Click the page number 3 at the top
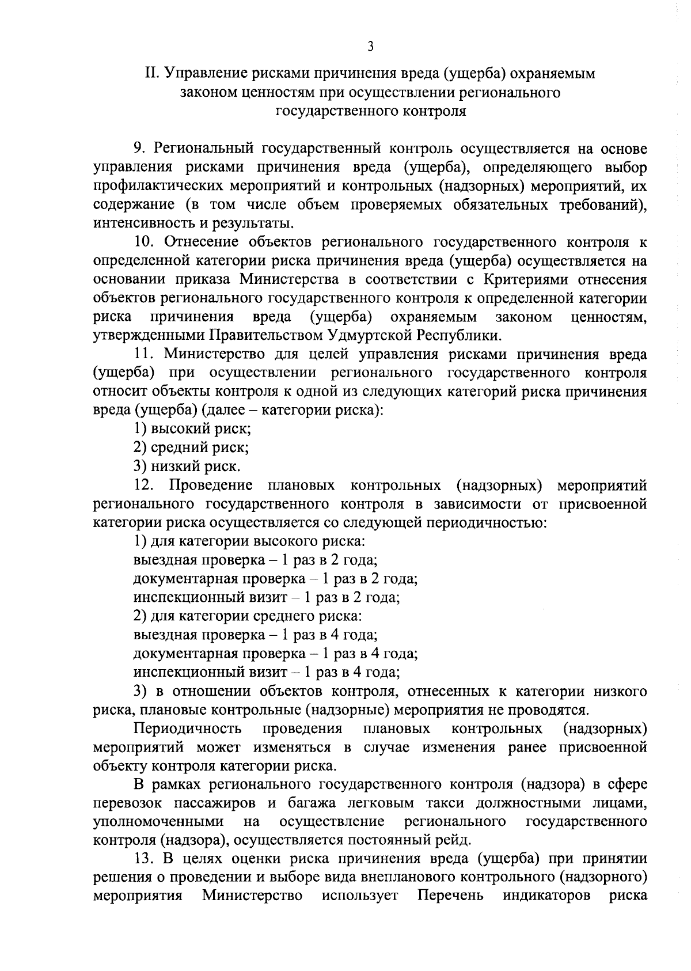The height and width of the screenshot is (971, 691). click(x=370, y=47)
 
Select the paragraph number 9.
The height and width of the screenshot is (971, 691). click(x=138, y=149)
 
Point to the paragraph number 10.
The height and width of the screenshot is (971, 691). click(x=143, y=242)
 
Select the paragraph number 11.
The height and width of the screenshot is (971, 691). click(x=142, y=354)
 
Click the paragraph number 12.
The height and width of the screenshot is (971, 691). click(x=143, y=485)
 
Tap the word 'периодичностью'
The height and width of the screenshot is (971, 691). click(x=485, y=522)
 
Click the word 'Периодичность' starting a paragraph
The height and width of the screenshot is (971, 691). click(x=187, y=729)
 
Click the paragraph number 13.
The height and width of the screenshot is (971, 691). click(x=143, y=859)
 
